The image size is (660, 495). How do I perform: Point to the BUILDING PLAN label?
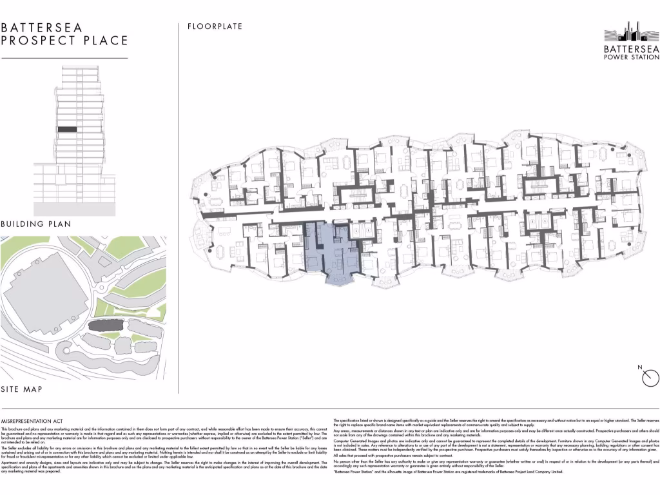[x=35, y=224]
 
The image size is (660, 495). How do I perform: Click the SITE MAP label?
[x=22, y=389]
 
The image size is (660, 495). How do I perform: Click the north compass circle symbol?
[x=649, y=377]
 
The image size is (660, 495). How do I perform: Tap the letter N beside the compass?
[x=639, y=367]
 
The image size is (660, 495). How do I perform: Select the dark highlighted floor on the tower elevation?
[x=67, y=130]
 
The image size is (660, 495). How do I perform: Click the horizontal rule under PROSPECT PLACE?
[x=64, y=58]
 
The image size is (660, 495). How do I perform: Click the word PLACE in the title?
[x=106, y=41]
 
